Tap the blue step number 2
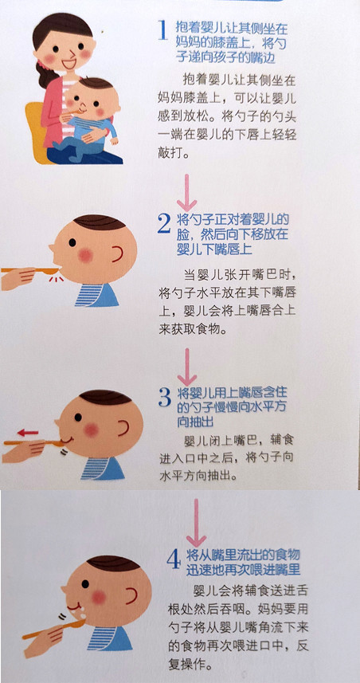click(163, 226)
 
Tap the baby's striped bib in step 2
click(95, 294)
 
